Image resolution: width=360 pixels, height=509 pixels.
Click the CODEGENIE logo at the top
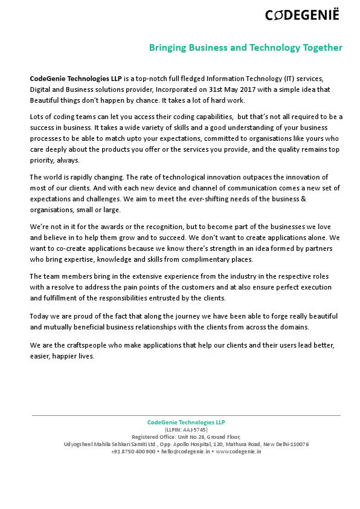[302, 15]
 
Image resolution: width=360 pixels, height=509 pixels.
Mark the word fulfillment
[58, 298]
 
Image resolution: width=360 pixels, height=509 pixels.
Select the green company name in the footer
[185, 422]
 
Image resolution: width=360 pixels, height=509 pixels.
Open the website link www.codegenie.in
[239, 452]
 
